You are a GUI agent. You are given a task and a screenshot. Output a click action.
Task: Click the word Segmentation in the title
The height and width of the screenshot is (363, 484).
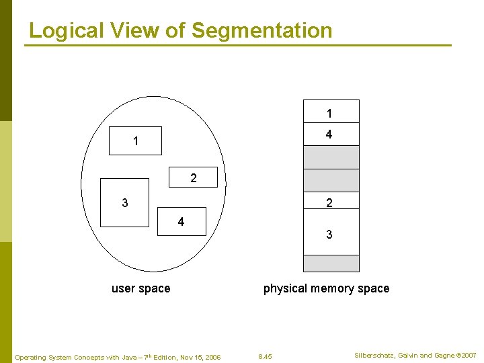[x=261, y=30]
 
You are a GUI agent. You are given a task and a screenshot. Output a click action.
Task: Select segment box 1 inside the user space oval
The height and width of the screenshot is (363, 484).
[x=136, y=141]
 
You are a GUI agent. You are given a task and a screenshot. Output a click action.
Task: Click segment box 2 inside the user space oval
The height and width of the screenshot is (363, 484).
[x=194, y=177]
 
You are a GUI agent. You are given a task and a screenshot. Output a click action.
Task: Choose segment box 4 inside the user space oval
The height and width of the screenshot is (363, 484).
[x=181, y=221]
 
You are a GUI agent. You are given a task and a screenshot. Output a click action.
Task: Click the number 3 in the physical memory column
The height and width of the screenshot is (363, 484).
[x=329, y=235]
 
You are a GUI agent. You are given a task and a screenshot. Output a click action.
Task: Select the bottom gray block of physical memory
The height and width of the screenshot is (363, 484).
[x=331, y=263]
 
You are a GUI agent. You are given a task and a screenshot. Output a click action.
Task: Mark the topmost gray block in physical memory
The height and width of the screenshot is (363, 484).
[x=331, y=157]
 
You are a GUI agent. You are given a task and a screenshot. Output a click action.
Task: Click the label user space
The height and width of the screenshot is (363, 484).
[x=140, y=288]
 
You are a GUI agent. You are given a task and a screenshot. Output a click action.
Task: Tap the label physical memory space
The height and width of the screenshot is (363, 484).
[x=326, y=288]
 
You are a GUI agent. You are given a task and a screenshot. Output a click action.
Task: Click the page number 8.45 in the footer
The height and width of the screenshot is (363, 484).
[x=265, y=356]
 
